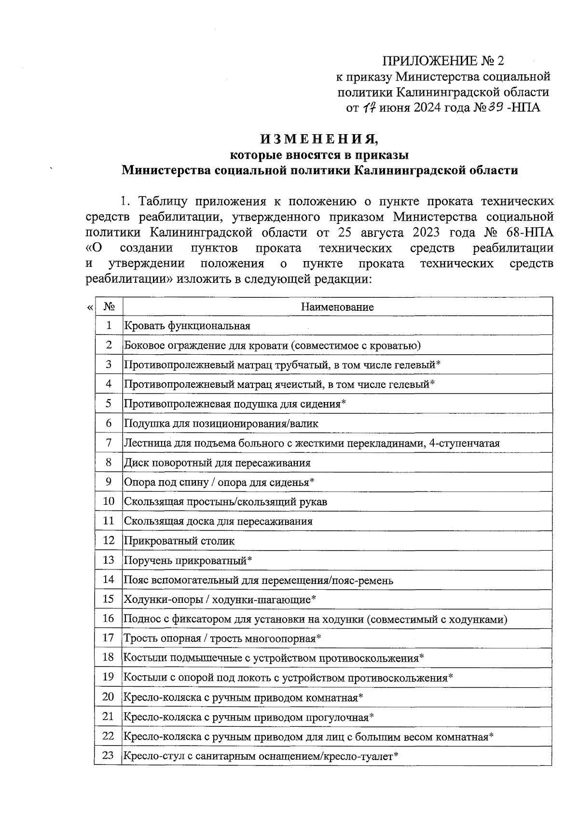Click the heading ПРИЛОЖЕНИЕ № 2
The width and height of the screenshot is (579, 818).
pyautogui.click(x=442, y=61)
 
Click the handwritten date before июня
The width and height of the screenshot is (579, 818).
pyautogui.click(x=369, y=107)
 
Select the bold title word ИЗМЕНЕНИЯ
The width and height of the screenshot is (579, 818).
pyautogui.click(x=319, y=139)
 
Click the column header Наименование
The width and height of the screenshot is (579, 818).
pyautogui.click(x=337, y=307)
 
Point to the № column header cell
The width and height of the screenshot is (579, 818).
pyautogui.click(x=109, y=307)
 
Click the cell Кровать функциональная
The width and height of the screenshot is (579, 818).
pyautogui.click(x=187, y=326)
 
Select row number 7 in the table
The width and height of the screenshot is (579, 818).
pyautogui.click(x=109, y=443)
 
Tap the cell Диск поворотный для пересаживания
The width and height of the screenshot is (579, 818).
pyautogui.click(x=217, y=463)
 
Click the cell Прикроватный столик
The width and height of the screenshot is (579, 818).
pyautogui.click(x=179, y=541)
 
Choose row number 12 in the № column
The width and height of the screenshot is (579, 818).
pyautogui.click(x=109, y=541)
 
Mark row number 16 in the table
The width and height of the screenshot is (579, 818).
pyautogui.click(x=109, y=619)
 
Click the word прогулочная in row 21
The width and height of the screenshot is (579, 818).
pyautogui.click(x=338, y=717)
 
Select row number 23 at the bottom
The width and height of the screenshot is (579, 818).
pyautogui.click(x=109, y=756)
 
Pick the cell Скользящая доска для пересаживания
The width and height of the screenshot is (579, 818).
pyautogui.click(x=218, y=522)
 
